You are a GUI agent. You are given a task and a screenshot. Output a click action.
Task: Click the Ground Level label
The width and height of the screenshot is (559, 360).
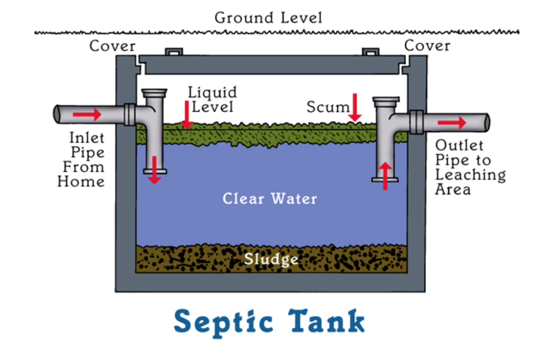point(268,18)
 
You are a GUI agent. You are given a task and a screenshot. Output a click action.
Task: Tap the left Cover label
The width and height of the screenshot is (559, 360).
point(113,46)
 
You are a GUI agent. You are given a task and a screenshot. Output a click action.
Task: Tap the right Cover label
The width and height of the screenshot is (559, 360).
point(427,46)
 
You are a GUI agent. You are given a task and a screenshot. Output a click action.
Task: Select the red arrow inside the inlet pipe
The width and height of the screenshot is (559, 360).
point(87,115)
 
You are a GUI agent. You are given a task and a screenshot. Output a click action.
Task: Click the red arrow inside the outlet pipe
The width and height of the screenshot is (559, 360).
point(452,123)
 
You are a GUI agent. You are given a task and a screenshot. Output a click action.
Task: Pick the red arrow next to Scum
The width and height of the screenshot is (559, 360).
point(355,107)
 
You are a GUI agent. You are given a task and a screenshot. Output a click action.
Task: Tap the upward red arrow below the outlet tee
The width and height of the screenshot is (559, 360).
point(385,176)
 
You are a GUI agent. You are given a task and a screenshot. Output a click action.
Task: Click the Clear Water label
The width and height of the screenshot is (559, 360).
point(269,199)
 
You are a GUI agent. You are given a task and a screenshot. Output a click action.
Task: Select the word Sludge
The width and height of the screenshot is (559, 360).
point(271,259)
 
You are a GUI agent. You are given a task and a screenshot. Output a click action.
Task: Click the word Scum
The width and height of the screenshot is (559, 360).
point(328,107)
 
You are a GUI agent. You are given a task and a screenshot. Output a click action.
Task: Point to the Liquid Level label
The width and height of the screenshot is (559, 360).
point(212,99)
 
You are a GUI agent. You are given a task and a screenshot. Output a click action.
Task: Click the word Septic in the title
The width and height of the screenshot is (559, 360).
point(223,322)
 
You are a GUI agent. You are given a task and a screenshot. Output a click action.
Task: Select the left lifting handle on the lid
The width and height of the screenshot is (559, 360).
point(173,52)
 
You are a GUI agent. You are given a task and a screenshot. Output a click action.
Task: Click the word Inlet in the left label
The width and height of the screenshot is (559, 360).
point(87,138)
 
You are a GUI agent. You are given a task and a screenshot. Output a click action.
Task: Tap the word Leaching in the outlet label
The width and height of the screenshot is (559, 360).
point(470,175)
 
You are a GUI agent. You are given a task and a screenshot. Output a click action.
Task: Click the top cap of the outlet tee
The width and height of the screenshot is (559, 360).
point(386,100)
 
